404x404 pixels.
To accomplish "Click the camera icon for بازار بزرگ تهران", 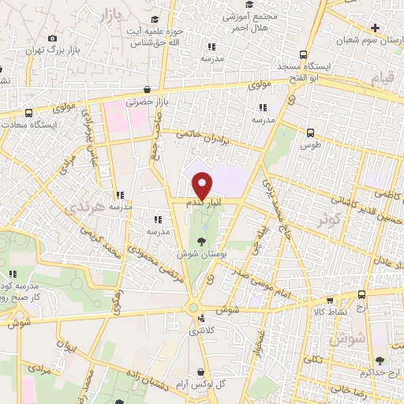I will coord(52,39).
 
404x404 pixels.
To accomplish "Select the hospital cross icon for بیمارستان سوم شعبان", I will coord(376,27).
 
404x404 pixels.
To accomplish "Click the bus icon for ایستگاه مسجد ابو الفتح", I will coord(304,55).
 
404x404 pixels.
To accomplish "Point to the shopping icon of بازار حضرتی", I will coord(148,90).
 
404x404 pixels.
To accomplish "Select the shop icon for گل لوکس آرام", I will coord(203,372).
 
